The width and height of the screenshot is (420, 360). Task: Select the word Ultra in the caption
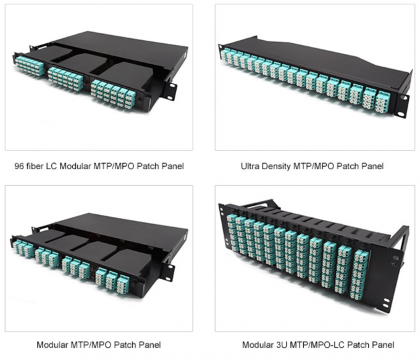click(x=251, y=166)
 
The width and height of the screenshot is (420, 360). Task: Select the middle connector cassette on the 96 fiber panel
click(x=65, y=78)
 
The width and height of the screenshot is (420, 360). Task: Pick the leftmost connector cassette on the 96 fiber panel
click(x=30, y=65)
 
